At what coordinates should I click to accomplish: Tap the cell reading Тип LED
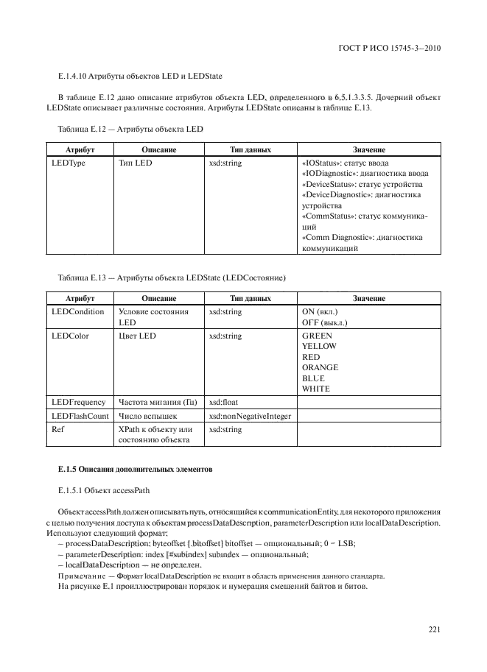click(x=134, y=163)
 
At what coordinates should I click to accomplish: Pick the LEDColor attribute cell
click(x=70, y=336)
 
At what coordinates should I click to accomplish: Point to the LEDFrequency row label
click(x=77, y=402)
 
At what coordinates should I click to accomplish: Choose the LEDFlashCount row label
click(x=79, y=416)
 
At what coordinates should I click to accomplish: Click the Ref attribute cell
click(x=56, y=429)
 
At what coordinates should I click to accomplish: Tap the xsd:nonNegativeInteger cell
click(x=250, y=416)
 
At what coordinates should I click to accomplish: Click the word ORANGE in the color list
click(x=320, y=367)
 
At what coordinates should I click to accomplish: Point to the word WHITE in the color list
click(x=316, y=388)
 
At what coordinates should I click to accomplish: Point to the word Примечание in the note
click(x=80, y=575)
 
